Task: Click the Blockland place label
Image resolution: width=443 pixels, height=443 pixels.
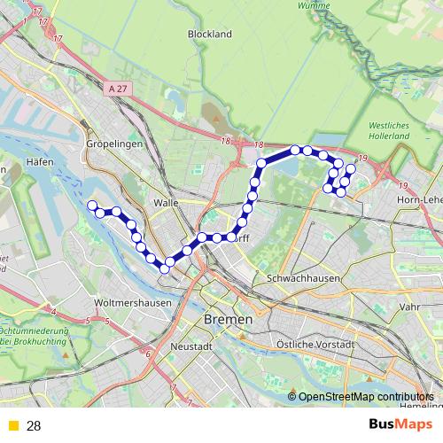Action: (x=209, y=34)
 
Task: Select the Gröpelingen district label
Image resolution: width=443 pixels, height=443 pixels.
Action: (x=110, y=142)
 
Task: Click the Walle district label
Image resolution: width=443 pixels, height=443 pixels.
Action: (x=166, y=202)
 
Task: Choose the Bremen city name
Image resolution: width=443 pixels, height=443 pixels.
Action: (x=228, y=318)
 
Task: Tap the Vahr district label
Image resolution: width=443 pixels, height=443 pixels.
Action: (x=410, y=307)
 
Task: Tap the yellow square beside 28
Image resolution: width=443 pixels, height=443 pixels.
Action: (x=12, y=426)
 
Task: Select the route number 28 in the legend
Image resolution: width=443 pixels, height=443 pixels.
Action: (x=34, y=426)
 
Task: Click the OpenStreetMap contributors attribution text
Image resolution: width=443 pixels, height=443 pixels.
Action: (x=365, y=397)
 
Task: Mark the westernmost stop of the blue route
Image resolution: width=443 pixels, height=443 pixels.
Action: (x=91, y=206)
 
